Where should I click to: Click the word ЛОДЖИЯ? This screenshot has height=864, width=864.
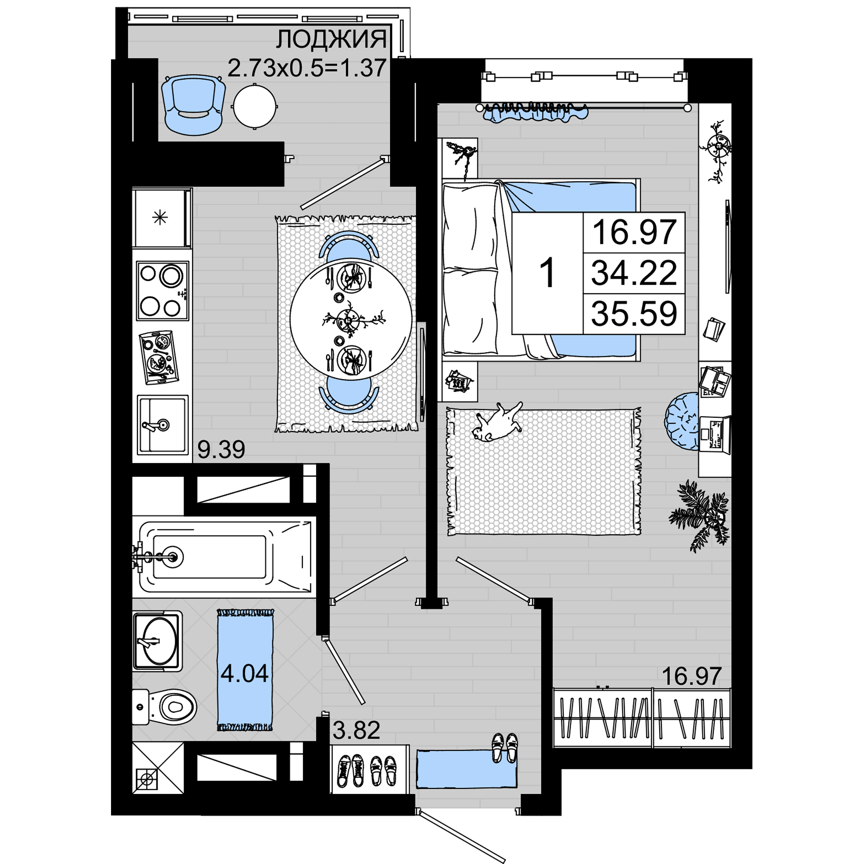tap(331, 39)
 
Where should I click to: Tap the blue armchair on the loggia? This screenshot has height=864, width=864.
tap(193, 105)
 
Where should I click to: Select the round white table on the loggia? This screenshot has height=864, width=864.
tap(254, 106)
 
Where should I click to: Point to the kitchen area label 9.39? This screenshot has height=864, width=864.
tap(221, 449)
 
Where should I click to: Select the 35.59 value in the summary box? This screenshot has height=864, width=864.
tap(634, 314)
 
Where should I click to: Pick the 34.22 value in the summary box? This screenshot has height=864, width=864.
tap(634, 273)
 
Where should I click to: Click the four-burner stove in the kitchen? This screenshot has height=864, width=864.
tap(162, 291)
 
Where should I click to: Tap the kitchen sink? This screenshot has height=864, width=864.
tap(162, 424)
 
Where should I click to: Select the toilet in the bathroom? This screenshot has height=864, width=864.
tap(164, 707)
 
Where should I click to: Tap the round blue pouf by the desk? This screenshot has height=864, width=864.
tap(682, 421)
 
